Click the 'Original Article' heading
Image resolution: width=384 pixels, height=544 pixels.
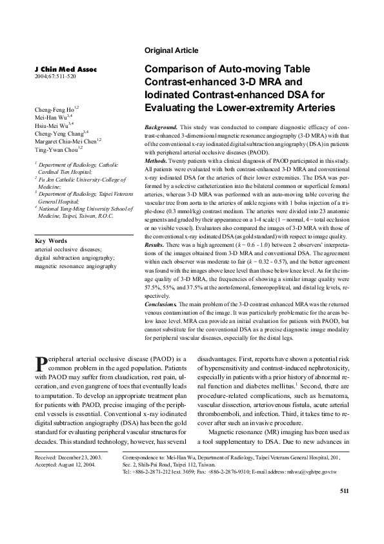coord(172,50)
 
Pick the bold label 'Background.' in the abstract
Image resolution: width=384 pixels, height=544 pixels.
coord(162,129)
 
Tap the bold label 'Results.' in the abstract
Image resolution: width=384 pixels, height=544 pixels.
coord(156,246)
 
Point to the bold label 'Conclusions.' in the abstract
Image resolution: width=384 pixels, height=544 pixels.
coord(161,303)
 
